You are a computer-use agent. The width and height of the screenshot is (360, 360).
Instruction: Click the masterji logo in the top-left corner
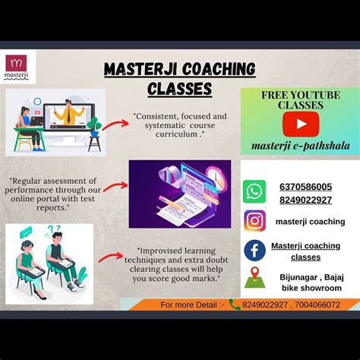click(16, 66)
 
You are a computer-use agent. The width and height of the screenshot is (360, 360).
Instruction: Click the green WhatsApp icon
click(255, 191)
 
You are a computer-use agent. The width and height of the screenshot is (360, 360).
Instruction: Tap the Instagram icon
click(255, 221)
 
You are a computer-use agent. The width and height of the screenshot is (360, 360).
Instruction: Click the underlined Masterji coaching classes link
click(305, 251)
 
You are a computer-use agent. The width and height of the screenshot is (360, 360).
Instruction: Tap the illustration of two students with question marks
click(49, 258)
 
